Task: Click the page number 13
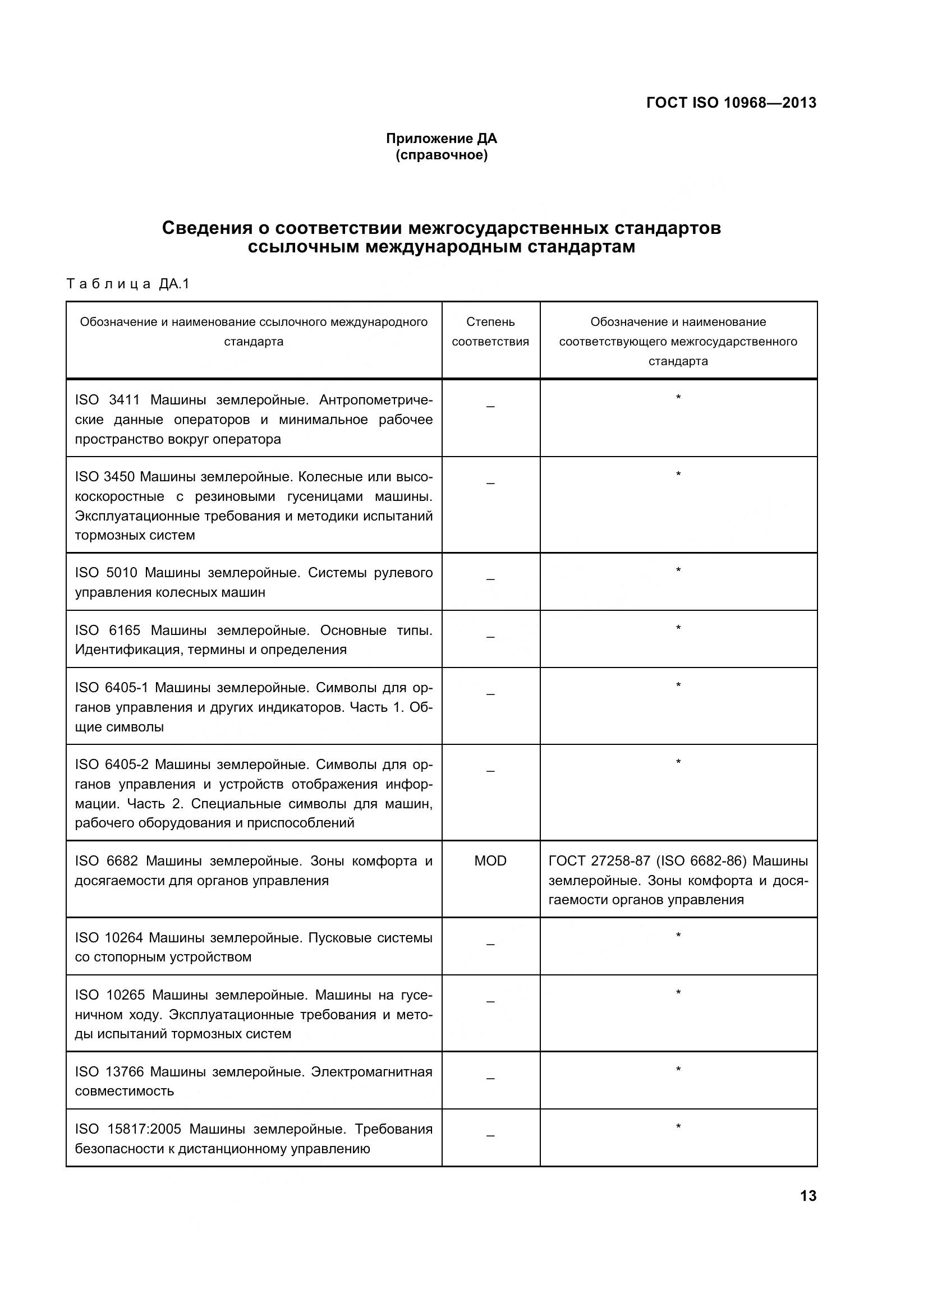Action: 808,1195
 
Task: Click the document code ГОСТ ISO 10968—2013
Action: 731,103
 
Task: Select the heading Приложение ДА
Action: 441,139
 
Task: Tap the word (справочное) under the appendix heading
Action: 441,155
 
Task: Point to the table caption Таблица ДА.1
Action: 128,284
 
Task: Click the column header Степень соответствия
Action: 490,332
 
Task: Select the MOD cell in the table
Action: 490,860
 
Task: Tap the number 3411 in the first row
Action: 124,400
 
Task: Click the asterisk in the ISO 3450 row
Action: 678,475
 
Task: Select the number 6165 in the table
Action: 125,630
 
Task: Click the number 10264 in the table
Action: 124,938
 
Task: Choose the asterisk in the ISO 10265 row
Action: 678,993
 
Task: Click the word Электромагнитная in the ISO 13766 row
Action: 371,1072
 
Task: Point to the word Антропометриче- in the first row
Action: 375,400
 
